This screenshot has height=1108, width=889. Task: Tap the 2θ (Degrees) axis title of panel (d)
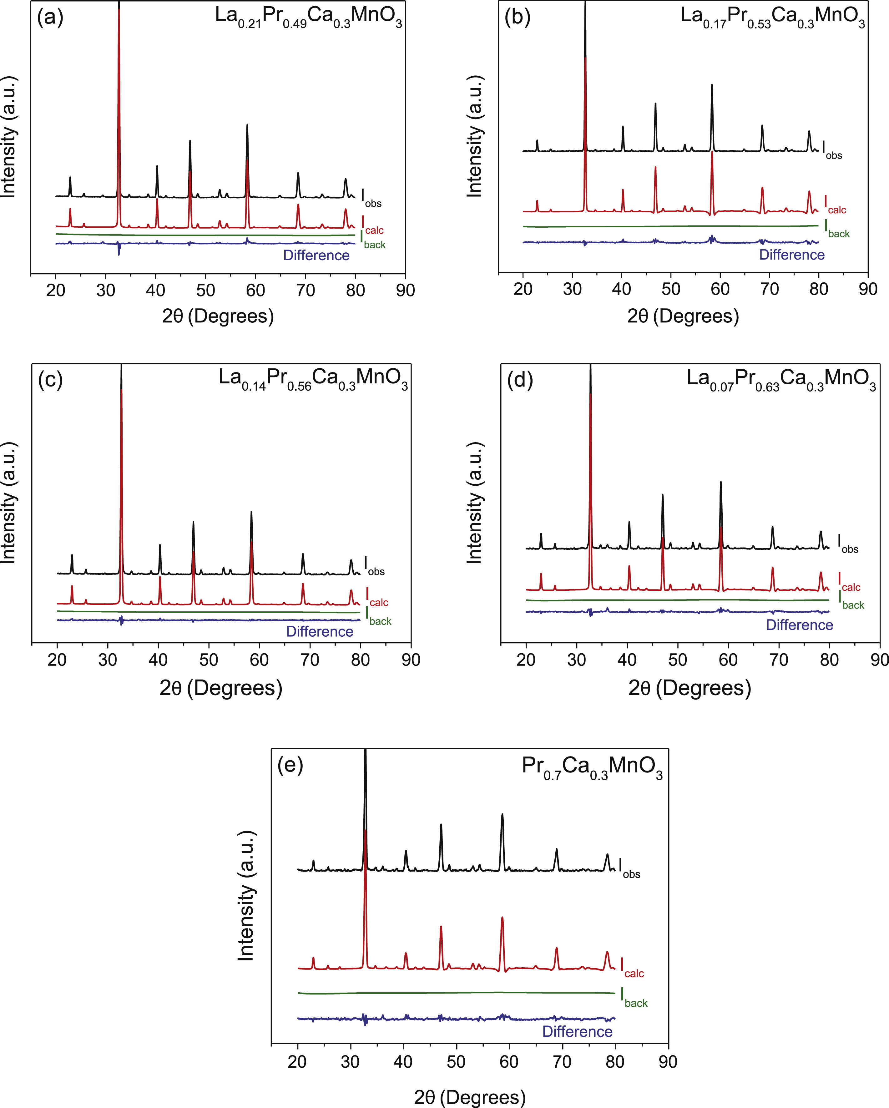coord(689,688)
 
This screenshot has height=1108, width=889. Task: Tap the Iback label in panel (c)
coord(379,616)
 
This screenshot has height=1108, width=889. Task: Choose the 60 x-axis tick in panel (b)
coord(720,289)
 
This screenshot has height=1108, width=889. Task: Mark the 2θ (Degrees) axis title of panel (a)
coord(218,316)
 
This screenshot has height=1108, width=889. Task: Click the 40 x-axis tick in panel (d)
coord(627,660)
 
